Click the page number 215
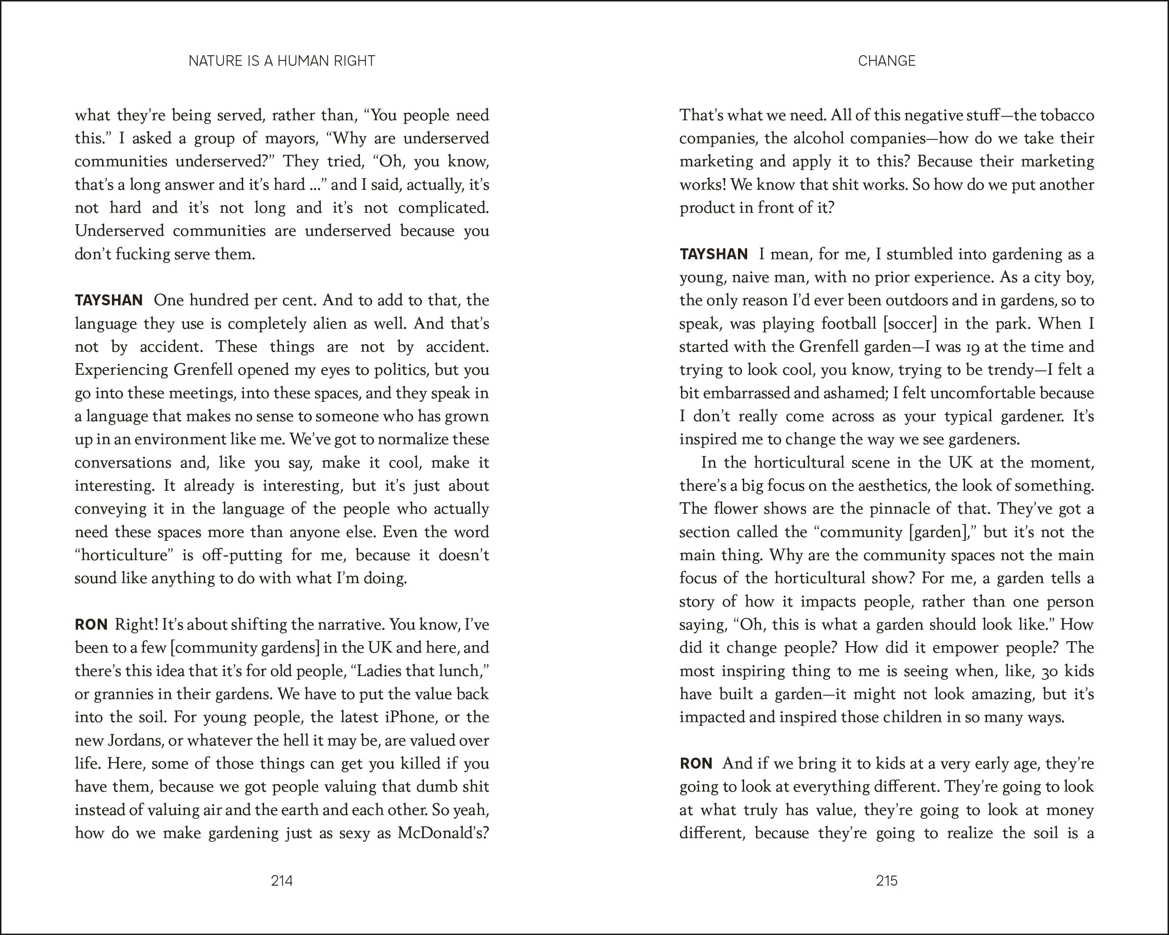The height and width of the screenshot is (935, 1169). [x=887, y=881]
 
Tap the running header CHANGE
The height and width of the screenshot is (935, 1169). [x=887, y=61]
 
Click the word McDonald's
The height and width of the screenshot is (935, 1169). [x=443, y=833]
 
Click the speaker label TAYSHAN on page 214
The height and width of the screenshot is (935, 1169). [x=108, y=300]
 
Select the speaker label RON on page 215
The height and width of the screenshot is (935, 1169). [x=696, y=763]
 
